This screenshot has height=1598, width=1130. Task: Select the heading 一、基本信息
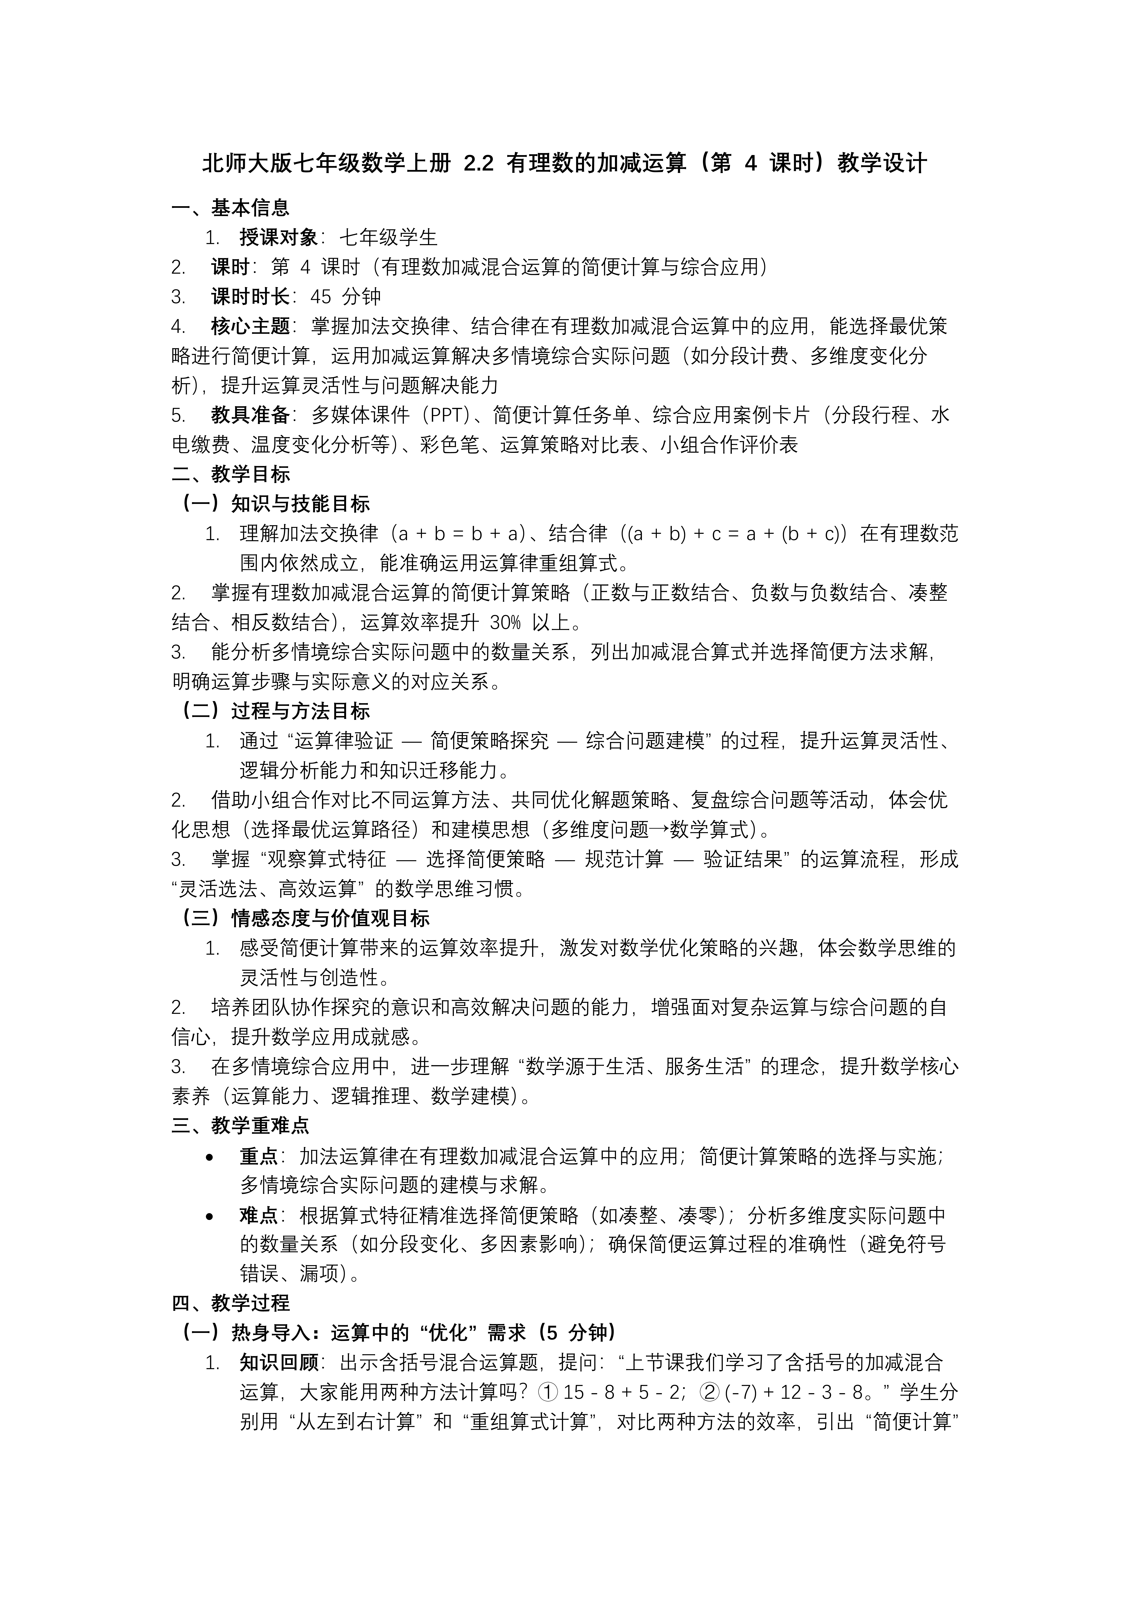[x=230, y=207]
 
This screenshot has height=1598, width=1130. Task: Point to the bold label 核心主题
[x=250, y=326]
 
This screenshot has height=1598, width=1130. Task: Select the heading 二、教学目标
[x=230, y=475]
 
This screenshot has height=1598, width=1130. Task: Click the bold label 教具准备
[x=250, y=415]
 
